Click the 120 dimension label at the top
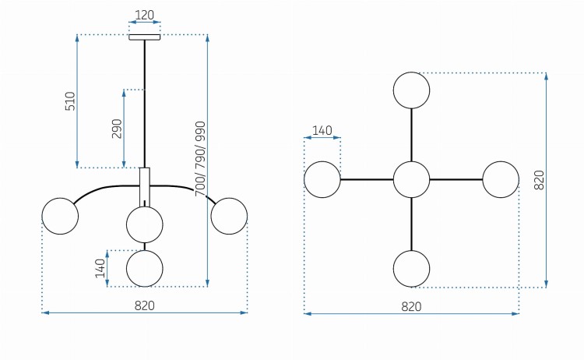pyautogui.click(x=144, y=15)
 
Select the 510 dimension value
pyautogui.click(x=70, y=101)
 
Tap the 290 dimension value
pyautogui.click(x=117, y=129)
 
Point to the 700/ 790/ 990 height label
pyautogui.click(x=200, y=159)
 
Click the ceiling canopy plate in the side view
pyautogui.click(x=145, y=37)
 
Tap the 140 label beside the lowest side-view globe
pyautogui.click(x=100, y=268)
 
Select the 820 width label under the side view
pyautogui.click(x=145, y=305)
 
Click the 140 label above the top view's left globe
pyautogui.click(x=322, y=130)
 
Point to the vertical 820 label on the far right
pyautogui.click(x=540, y=180)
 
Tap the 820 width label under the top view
pyautogui.click(x=412, y=307)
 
